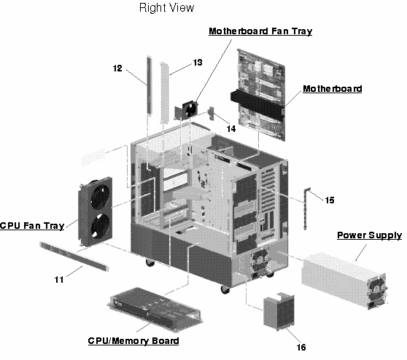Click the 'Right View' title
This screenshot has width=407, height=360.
coord(166,9)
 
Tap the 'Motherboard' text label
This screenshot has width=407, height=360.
coord(332,89)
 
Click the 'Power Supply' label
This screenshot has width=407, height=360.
coord(368,235)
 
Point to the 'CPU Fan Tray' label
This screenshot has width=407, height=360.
coord(32,225)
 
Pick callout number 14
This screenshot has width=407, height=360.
coord(230,128)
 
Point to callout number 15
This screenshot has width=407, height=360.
coord(329,198)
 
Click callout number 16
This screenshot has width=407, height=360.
coord(301,347)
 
